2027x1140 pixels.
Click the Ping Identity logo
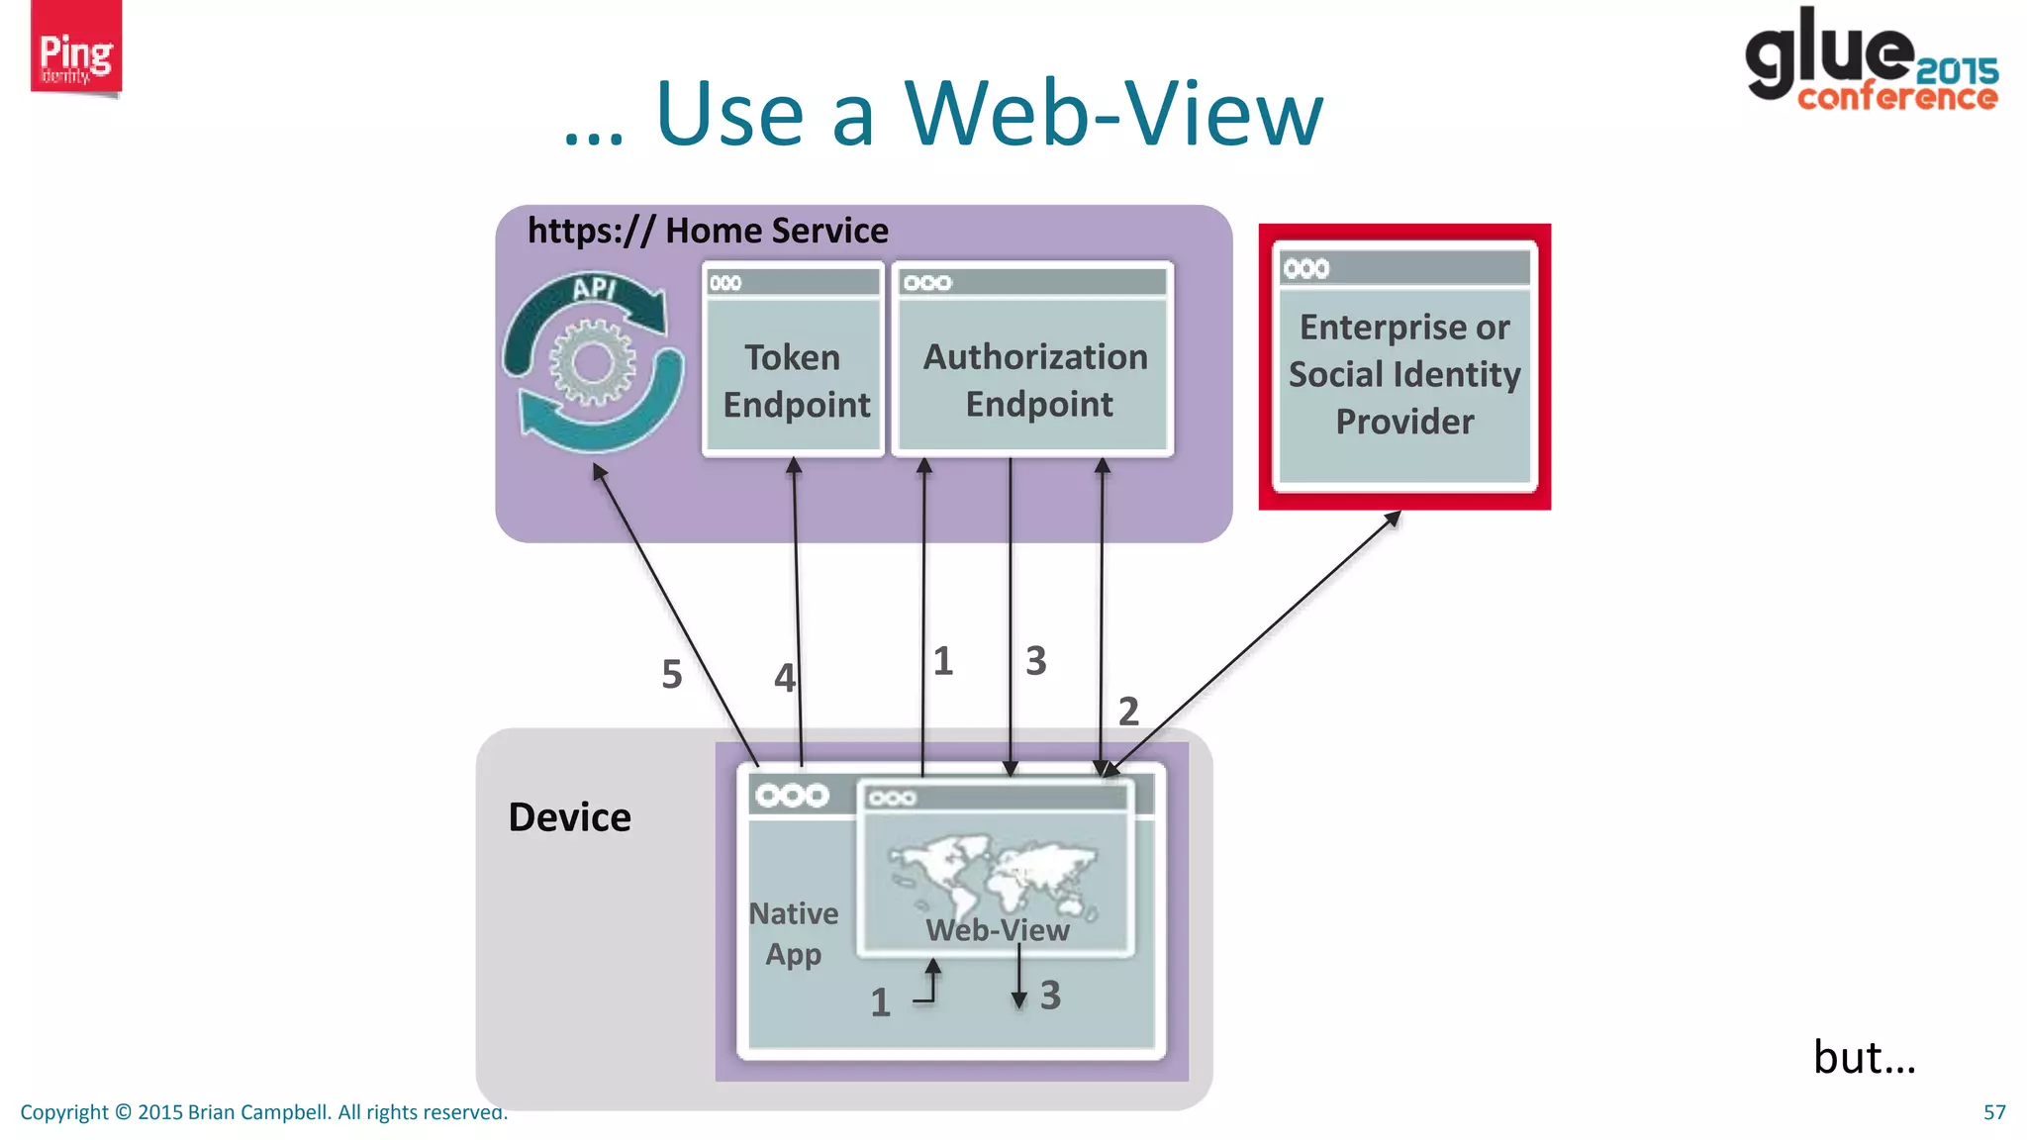click(75, 49)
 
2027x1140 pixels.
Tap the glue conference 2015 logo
click(1871, 61)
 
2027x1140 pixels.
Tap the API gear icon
click(593, 363)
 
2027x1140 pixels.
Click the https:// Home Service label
click(708, 231)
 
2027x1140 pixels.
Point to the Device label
click(569, 817)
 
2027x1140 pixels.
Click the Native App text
click(794, 933)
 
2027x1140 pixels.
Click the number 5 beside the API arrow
click(672, 675)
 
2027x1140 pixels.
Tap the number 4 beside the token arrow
click(784, 679)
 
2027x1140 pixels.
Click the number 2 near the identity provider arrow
click(1128, 712)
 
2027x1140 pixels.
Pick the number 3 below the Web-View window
click(1050, 996)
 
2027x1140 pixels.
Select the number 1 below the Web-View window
click(880, 1002)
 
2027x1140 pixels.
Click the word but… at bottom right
click(1864, 1057)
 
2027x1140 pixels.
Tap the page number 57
click(1993, 1112)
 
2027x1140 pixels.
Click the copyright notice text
click(263, 1112)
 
